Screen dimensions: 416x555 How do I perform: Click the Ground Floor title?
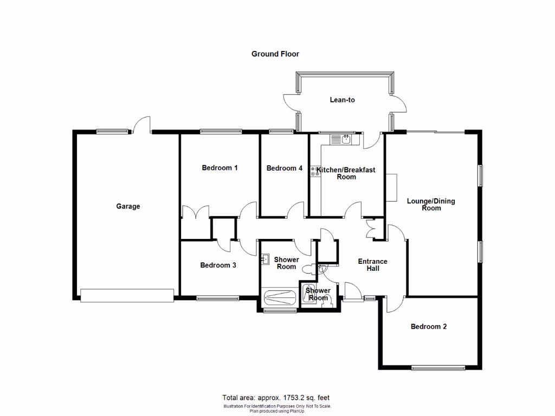coord(275,54)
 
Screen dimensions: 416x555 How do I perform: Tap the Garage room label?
coord(128,206)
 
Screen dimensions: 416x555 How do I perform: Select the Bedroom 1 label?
coord(220,168)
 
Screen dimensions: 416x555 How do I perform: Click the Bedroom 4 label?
coord(284,168)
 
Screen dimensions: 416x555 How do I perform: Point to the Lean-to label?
coord(342,100)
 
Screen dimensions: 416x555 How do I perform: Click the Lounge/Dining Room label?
coord(431,205)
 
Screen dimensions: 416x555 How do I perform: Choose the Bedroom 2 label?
coord(429,327)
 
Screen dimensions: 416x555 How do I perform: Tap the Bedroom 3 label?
coord(218,265)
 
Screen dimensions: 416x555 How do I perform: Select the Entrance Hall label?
coord(372,265)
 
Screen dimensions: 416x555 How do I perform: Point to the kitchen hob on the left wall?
coord(314,172)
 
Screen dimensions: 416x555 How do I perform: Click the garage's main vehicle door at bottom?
coord(127,295)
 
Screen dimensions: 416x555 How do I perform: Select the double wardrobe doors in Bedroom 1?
coord(195,212)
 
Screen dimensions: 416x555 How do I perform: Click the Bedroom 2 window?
coord(438,368)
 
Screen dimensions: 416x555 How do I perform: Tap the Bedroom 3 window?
coord(217,297)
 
